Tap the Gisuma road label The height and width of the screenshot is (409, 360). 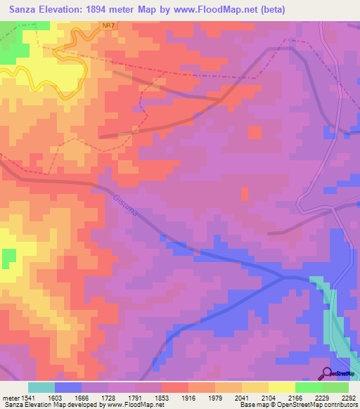tap(124, 204)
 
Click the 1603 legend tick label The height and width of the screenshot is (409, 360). tap(64, 397)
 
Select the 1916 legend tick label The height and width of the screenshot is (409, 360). tap(195, 397)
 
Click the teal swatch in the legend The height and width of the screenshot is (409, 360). tap(41, 387)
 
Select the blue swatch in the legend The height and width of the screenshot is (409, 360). tap(68, 387)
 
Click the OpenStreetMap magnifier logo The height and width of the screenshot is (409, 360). tap(326, 373)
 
